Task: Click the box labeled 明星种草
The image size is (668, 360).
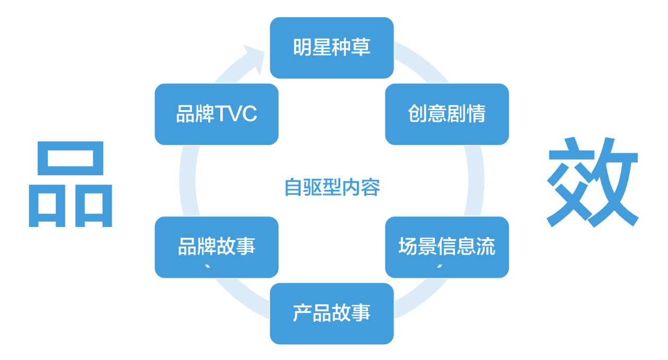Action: [331, 47]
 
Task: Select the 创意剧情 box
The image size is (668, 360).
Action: [447, 114]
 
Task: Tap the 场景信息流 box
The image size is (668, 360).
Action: [447, 247]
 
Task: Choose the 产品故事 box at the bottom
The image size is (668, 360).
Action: [331, 313]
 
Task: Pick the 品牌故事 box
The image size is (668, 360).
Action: [217, 247]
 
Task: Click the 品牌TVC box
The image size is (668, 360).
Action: [217, 114]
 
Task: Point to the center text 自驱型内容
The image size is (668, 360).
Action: [332, 187]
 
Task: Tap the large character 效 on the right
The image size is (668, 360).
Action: [592, 182]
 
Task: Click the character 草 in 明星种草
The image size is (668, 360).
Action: [361, 47]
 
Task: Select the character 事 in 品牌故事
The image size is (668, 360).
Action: [246, 247]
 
